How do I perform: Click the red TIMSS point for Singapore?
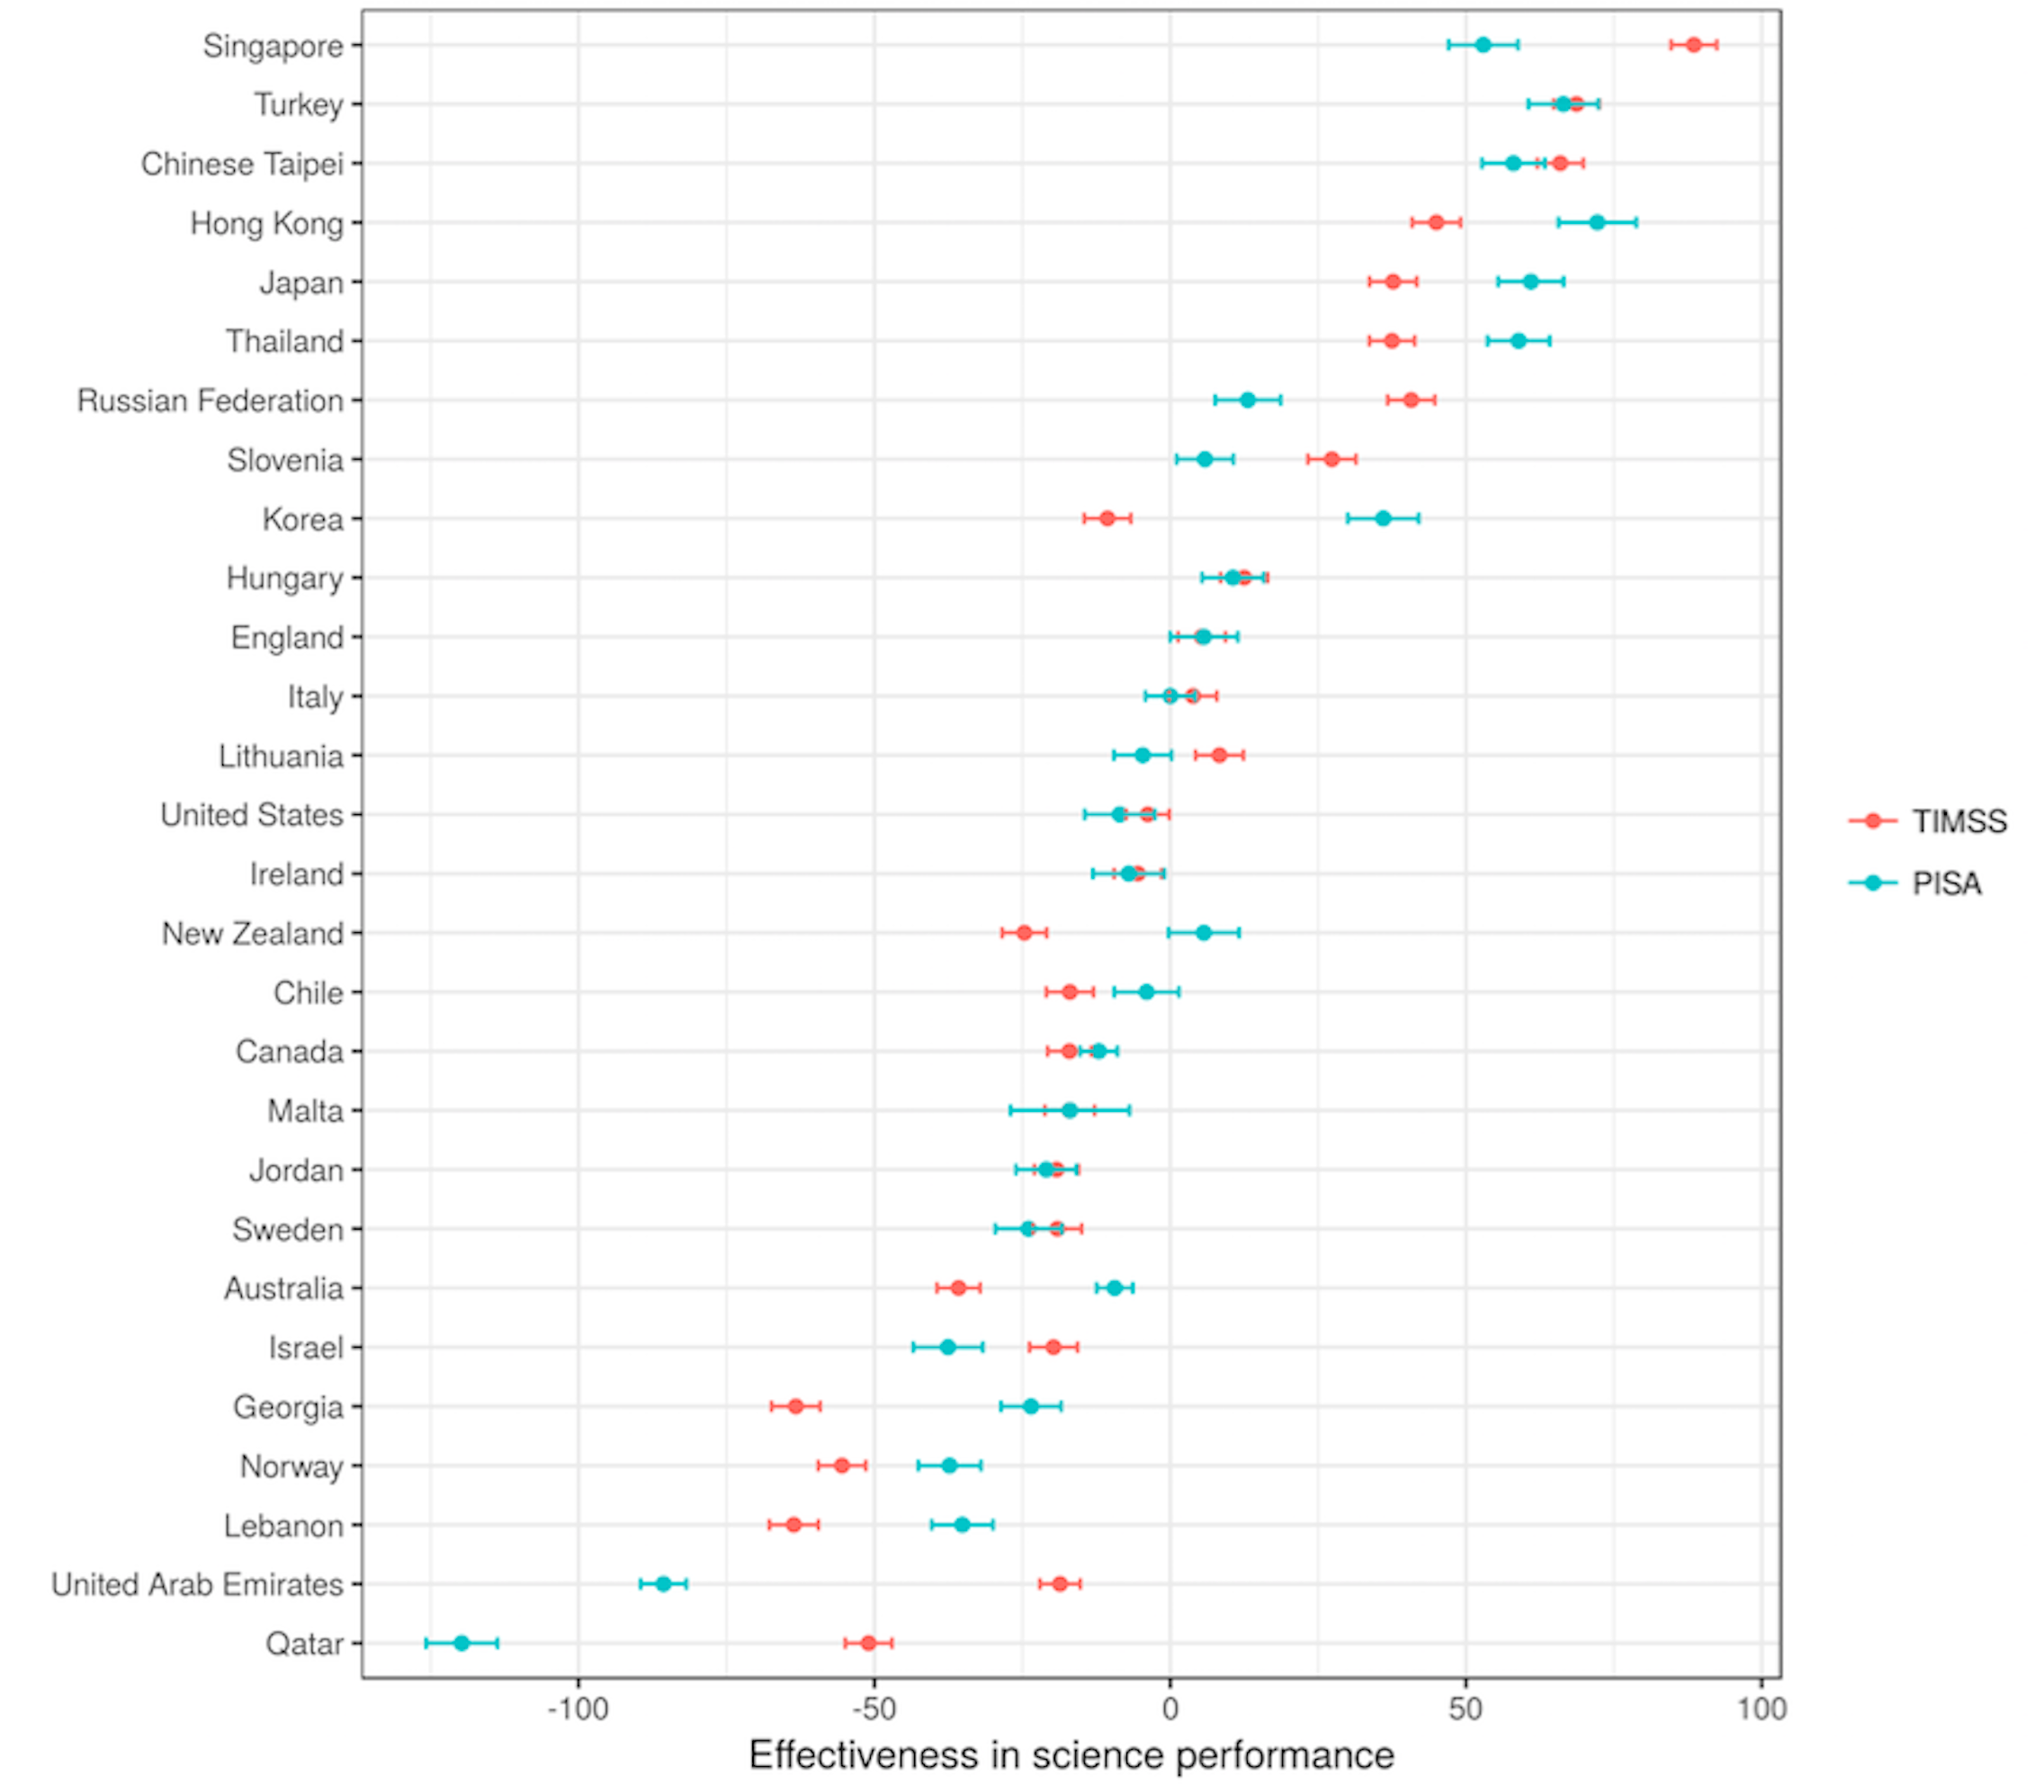[x=1692, y=45]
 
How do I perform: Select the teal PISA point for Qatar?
[x=461, y=1643]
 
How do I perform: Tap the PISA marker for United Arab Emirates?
[x=663, y=1584]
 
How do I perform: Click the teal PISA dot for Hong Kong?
[x=1597, y=222]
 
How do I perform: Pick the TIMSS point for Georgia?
[x=795, y=1407]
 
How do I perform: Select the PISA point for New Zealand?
[x=1204, y=933]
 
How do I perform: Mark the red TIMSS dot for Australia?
[x=958, y=1288]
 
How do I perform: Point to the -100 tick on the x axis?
[x=578, y=1709]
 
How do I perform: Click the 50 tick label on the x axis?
[x=1466, y=1709]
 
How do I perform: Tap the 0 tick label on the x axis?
[x=1170, y=1709]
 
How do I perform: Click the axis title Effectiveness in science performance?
[x=1071, y=1755]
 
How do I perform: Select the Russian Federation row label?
[x=211, y=400]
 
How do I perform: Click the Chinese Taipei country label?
[x=242, y=163]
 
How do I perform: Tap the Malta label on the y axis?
[x=305, y=1110]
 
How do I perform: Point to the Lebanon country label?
[x=282, y=1525]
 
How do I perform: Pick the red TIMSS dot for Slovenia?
[x=1331, y=459]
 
